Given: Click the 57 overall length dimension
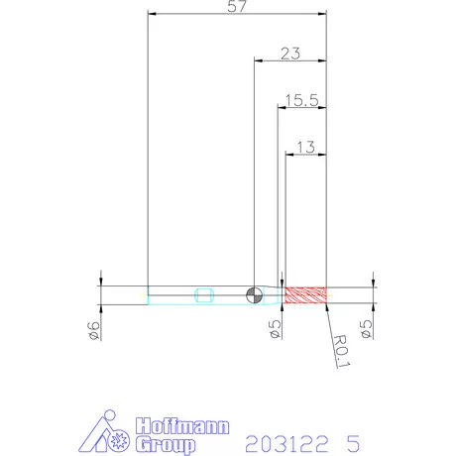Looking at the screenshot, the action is [x=237, y=6].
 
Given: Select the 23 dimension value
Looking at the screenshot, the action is [x=290, y=54].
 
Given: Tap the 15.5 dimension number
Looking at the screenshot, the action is [x=301, y=100].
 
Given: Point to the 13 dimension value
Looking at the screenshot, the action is [x=305, y=147].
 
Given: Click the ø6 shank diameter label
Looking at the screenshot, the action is [x=93, y=330].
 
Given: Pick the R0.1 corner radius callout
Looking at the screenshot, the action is [x=341, y=351].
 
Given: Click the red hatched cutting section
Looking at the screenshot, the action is [x=306, y=295].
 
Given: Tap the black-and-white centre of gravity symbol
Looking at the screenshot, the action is [x=255, y=294].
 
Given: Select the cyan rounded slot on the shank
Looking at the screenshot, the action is [x=204, y=295].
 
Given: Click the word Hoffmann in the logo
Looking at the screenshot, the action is [x=182, y=426].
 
